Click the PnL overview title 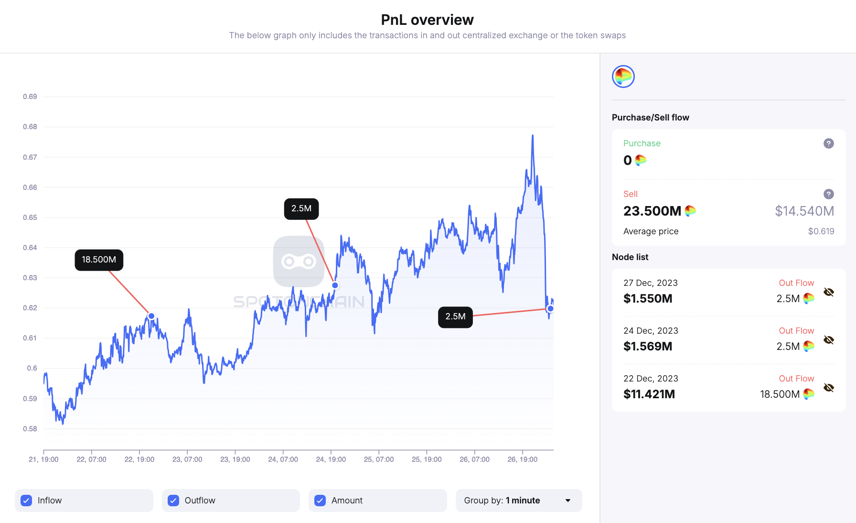coord(427,20)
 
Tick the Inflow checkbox coord(27,501)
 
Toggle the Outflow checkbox coord(173,501)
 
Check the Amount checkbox coord(320,501)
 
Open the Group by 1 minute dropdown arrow coord(568,501)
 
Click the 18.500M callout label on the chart coord(99,260)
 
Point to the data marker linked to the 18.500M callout coord(151,316)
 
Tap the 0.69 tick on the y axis coord(30,97)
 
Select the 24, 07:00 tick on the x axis coord(283,459)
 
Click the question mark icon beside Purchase coord(829,143)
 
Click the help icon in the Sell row coord(829,194)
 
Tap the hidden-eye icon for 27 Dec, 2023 coord(829,292)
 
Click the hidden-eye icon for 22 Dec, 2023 coord(829,388)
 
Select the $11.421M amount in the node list coord(649,394)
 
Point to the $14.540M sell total coord(804,211)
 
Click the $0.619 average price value coord(821,231)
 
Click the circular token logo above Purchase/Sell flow coord(623,76)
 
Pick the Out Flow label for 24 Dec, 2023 coord(796,331)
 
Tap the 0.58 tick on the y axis coord(30,429)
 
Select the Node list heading coord(630,257)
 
